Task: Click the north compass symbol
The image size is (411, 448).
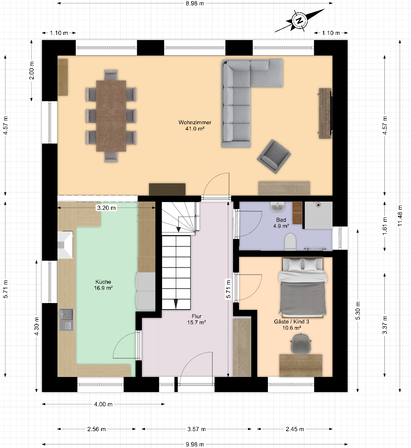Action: [300, 20]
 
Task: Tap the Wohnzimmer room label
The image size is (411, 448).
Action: [195, 125]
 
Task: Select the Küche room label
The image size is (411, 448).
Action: [103, 285]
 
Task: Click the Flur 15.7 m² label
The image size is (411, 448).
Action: [197, 319]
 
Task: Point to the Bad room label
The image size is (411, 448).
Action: [281, 223]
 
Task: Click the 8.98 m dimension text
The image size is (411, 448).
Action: [195, 4]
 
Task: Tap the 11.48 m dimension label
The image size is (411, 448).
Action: [400, 216]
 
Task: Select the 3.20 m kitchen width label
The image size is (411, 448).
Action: [107, 208]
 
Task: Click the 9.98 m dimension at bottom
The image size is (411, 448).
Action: [195, 444]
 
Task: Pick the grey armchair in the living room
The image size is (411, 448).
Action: [274, 157]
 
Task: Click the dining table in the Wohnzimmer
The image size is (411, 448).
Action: [111, 116]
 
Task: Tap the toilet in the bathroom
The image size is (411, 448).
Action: [290, 242]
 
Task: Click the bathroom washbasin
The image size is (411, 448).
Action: [277, 207]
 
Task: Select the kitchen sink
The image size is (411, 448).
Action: [67, 319]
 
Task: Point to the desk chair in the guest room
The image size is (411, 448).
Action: [301, 343]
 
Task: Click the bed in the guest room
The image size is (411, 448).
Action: [302, 288]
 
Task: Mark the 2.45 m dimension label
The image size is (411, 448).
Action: [295, 429]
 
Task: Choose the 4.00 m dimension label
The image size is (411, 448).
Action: [103, 404]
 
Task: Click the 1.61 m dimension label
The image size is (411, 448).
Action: [385, 226]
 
